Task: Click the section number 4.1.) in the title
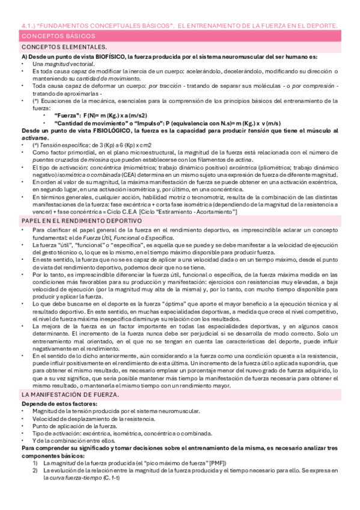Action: pyautogui.click(x=24, y=26)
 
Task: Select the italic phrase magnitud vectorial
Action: pyautogui.click(x=71, y=63)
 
